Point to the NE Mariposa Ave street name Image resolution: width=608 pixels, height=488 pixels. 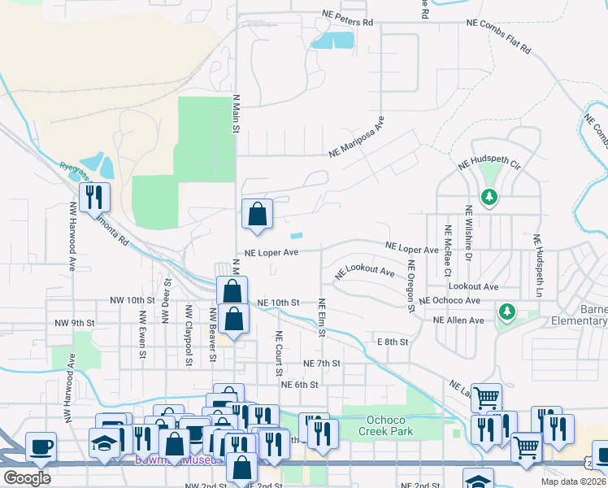[x=356, y=141]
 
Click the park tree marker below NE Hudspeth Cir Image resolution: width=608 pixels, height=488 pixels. [x=489, y=196]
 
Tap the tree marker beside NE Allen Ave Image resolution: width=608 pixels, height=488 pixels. [x=507, y=312]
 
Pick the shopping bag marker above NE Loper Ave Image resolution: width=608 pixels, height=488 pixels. [x=257, y=215]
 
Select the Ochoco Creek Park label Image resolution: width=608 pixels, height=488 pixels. [x=385, y=425]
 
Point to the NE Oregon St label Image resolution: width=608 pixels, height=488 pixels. [x=411, y=285]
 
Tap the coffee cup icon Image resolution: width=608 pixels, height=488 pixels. [x=41, y=447]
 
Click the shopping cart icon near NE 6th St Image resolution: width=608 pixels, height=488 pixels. [x=486, y=398]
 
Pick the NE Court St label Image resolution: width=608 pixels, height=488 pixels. [x=278, y=346]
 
